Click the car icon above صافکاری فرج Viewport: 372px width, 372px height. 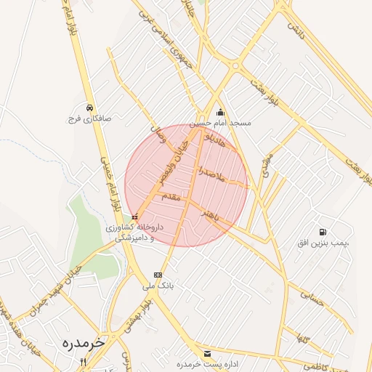pos(89,106)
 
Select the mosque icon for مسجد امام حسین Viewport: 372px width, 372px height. pos(221,112)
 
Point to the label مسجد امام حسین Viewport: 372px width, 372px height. pos(221,123)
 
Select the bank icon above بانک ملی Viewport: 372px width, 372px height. pos(158,275)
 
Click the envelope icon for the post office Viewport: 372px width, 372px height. pos(208,352)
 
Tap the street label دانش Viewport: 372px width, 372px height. pos(295,31)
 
